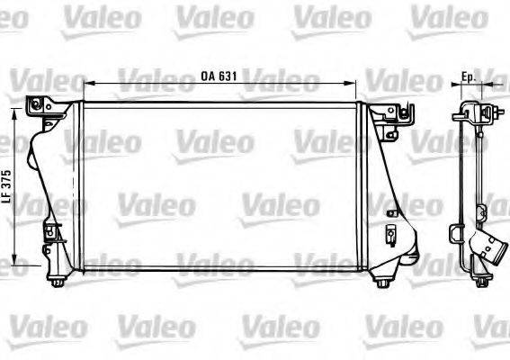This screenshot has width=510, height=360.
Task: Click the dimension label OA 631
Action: coord(219,76)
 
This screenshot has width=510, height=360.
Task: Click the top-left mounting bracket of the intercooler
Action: coord(40,107)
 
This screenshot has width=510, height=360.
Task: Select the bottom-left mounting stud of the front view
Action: coord(56,284)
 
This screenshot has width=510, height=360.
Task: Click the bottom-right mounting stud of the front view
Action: coord(383,284)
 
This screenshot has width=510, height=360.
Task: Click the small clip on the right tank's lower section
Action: coord(392,236)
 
